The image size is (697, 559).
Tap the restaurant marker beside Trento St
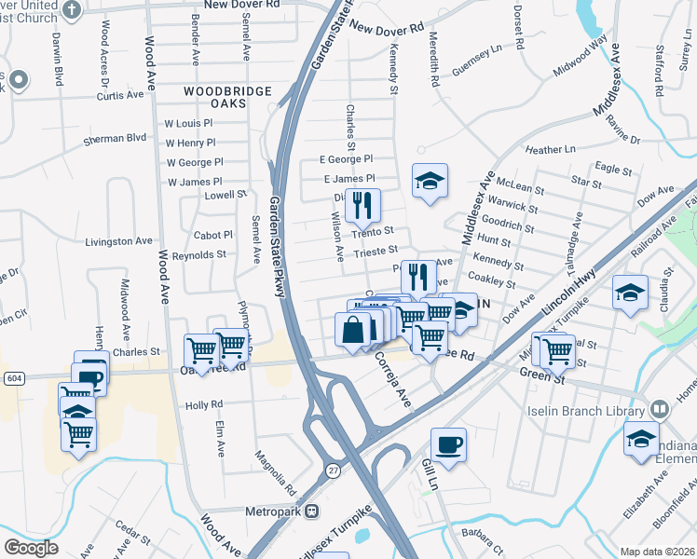[362, 205]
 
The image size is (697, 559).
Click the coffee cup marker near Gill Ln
[448, 444]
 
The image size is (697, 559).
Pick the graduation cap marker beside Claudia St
[631, 293]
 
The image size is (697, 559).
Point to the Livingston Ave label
[118, 241]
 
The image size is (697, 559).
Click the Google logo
[31, 547]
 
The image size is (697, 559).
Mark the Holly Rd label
[204, 405]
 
